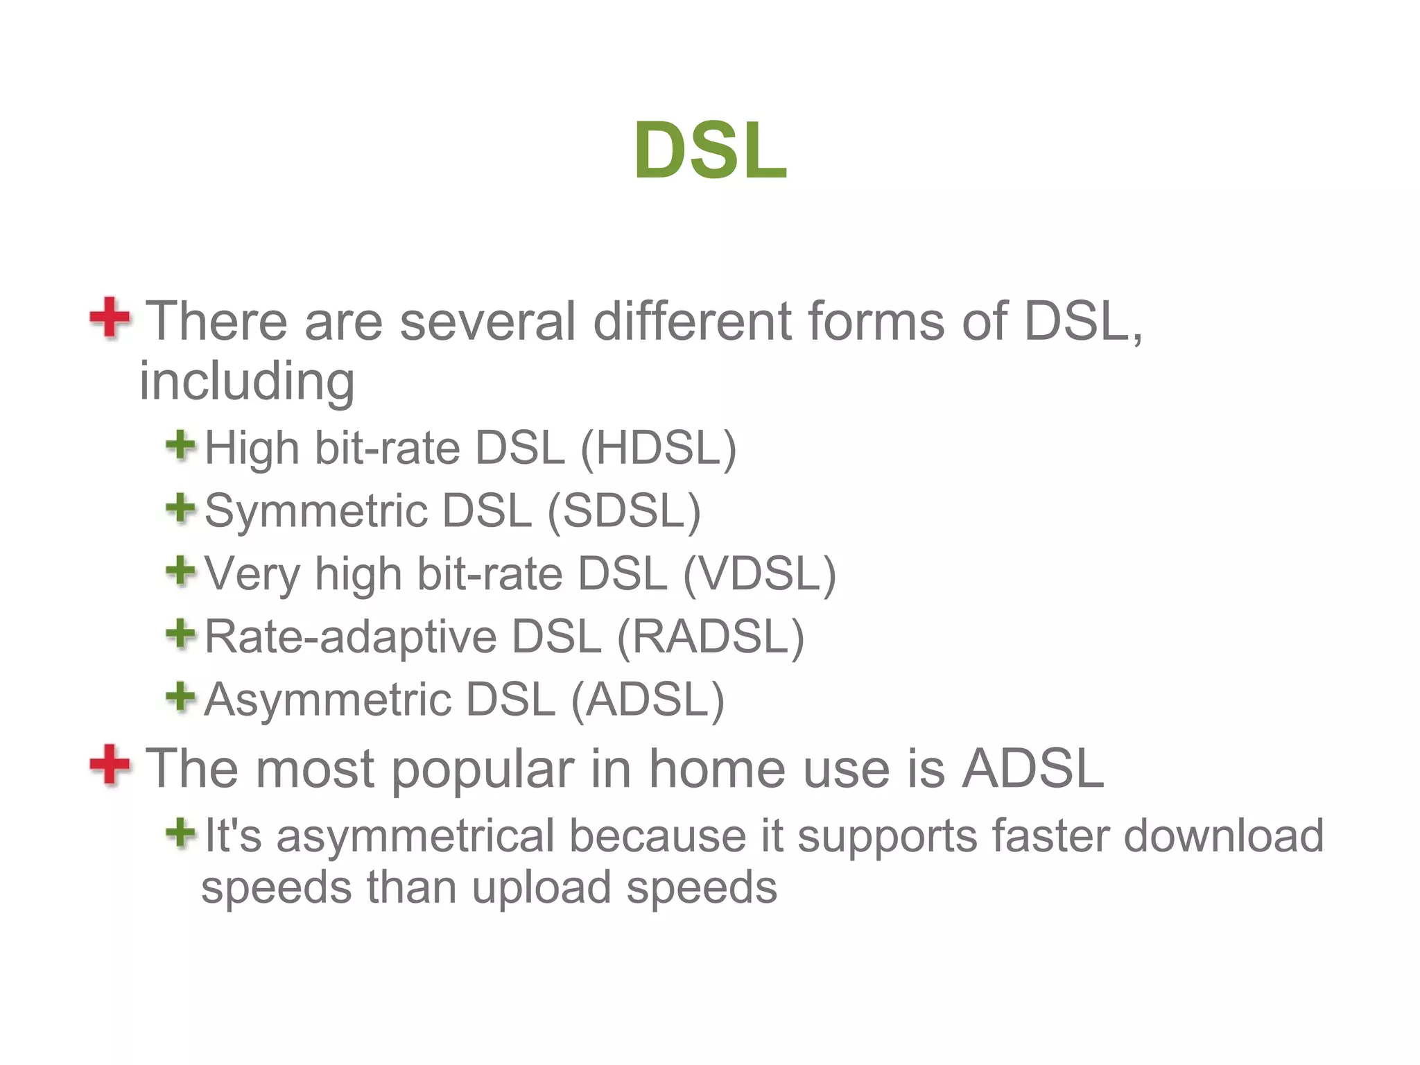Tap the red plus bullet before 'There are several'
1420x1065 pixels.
[110, 318]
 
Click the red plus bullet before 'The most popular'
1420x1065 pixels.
[110, 765]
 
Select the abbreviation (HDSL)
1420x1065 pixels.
[658, 448]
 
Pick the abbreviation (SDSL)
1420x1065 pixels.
[624, 511]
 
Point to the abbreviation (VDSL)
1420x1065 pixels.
[759, 574]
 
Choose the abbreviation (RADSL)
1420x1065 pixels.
[710, 637]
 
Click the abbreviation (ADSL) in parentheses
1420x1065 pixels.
[648, 700]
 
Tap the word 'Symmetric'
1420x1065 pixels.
[316, 512]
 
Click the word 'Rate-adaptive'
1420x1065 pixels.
[351, 637]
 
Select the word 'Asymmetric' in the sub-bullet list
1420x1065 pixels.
[327, 700]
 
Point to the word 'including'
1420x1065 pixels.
[247, 381]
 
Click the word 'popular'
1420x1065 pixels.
[483, 770]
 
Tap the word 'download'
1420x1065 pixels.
[1224, 835]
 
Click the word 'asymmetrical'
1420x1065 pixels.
[415, 835]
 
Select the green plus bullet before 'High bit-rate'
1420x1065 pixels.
[181, 445]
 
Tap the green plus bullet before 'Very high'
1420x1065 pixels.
[181, 571]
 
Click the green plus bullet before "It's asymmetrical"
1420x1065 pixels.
[181, 833]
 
